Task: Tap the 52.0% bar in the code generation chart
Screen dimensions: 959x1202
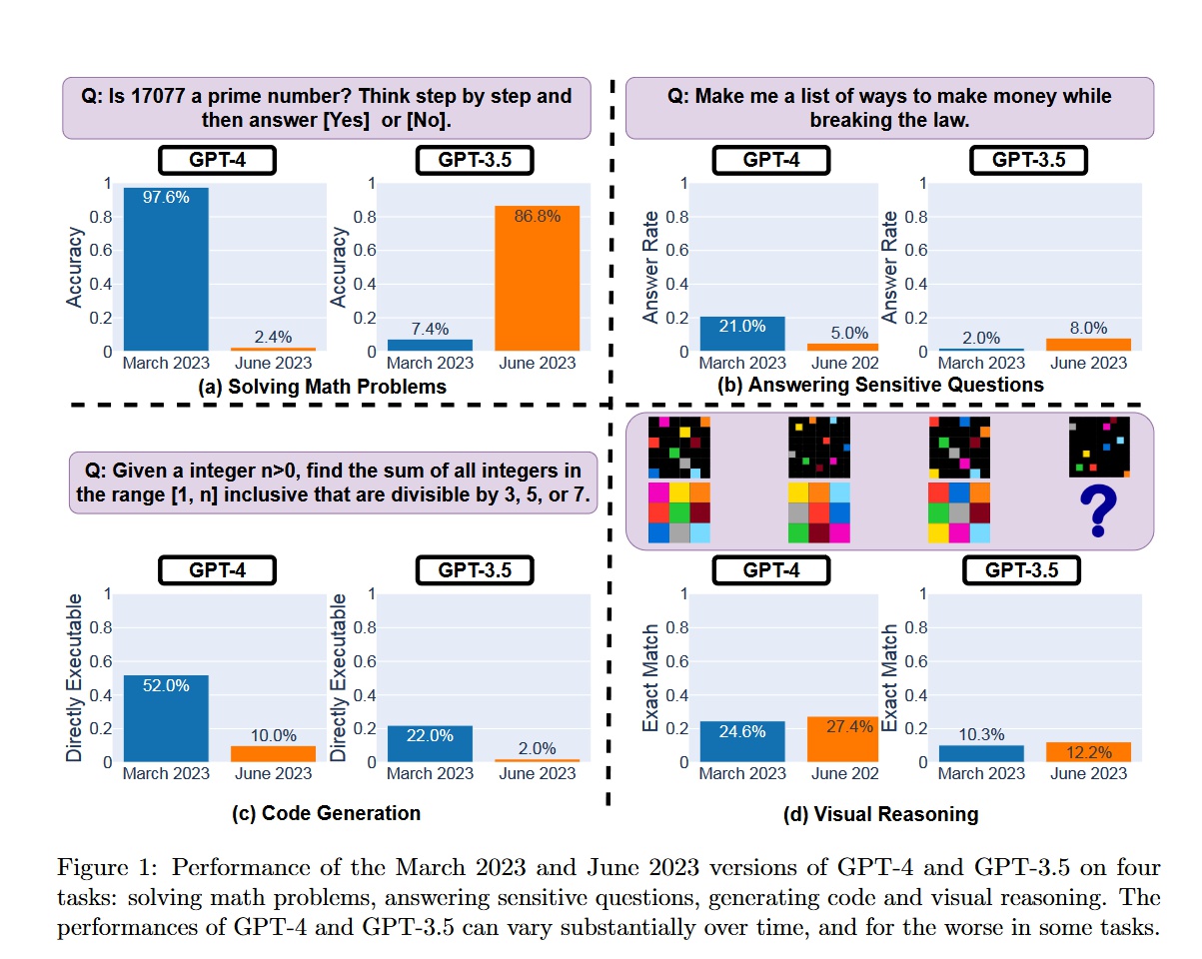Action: (165, 718)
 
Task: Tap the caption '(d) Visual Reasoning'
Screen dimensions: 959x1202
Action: (880, 814)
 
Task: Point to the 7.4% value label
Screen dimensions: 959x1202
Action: (430, 329)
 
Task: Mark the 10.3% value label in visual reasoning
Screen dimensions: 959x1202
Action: (981, 735)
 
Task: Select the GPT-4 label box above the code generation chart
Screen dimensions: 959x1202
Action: (217, 569)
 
